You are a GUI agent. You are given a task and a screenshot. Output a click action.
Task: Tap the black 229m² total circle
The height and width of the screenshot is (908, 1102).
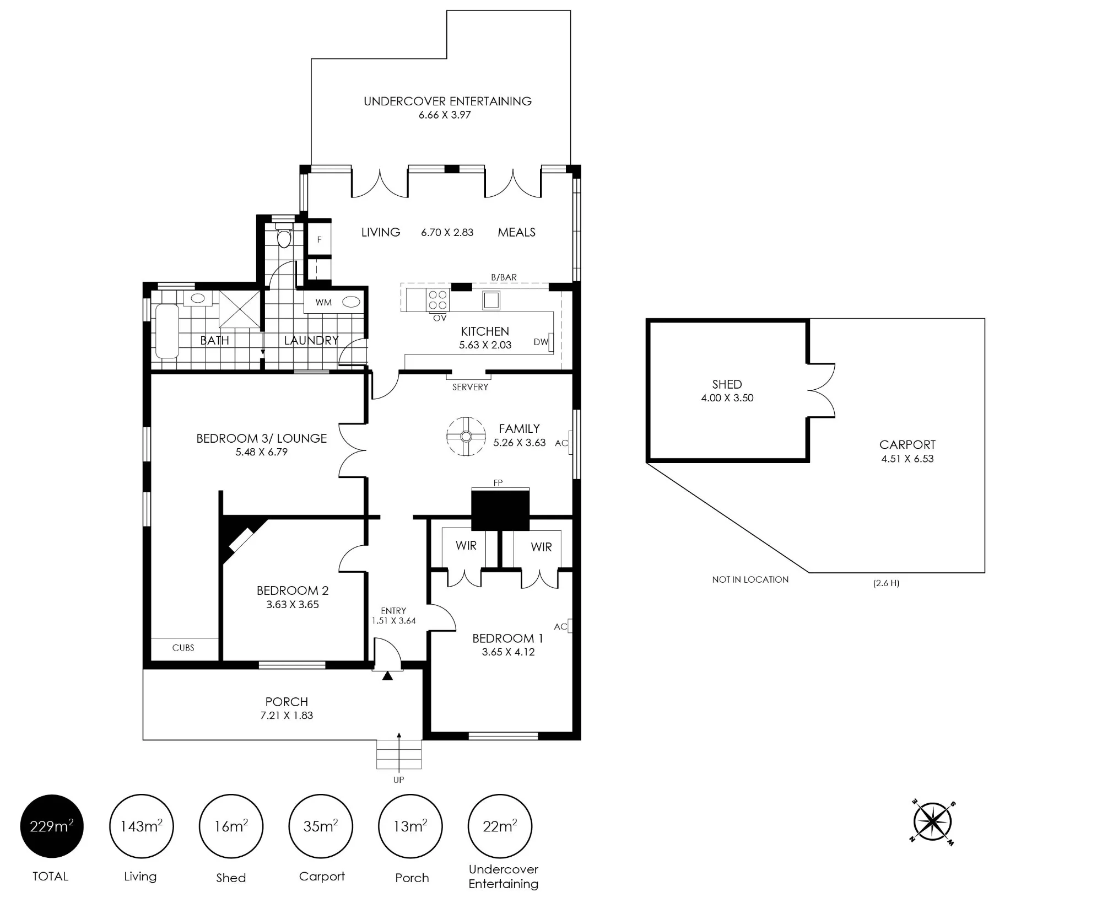point(52,826)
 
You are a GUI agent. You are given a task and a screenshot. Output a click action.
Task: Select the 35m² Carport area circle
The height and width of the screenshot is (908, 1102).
point(321,826)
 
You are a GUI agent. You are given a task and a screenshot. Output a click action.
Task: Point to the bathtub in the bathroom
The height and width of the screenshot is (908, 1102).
point(167,331)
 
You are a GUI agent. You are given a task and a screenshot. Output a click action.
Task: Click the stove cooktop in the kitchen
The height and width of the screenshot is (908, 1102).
point(437,300)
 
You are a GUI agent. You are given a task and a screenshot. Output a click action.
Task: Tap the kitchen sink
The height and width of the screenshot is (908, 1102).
point(491,300)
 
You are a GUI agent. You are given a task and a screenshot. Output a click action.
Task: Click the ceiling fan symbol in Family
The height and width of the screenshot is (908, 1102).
point(466,437)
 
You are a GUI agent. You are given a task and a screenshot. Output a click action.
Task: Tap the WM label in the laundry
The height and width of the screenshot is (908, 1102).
point(323,302)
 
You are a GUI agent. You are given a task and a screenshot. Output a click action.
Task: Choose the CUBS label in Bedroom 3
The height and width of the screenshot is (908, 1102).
point(183,648)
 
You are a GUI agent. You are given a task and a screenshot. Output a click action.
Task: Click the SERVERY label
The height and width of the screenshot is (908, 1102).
point(470,387)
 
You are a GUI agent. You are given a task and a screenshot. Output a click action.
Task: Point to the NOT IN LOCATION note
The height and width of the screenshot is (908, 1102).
point(750,579)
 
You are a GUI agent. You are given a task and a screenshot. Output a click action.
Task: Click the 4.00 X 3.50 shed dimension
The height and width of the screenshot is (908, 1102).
point(727,398)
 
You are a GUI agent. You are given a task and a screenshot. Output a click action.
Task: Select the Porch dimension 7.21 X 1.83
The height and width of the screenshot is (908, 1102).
point(287,716)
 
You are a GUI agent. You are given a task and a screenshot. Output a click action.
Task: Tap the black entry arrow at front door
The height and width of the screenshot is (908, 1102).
point(388,675)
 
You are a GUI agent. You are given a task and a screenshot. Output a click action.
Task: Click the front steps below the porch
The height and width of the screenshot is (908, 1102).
point(399,754)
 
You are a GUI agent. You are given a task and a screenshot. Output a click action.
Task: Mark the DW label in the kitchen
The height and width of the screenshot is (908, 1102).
point(541,342)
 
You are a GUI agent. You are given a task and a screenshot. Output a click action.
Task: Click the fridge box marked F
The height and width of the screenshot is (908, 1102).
point(319,239)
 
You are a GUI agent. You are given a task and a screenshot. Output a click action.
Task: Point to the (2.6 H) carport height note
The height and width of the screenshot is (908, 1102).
point(886,583)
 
